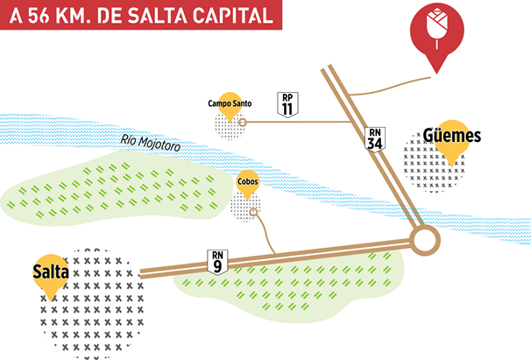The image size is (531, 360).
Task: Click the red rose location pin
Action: (436, 35)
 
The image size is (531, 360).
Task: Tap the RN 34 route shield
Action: (375, 138)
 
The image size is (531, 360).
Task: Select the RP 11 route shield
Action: (287, 104)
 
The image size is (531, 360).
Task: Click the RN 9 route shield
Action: (218, 261)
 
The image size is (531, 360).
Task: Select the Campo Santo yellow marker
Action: (230, 104)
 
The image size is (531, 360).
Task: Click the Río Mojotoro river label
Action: (152, 145)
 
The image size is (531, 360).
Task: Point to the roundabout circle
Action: (426, 240)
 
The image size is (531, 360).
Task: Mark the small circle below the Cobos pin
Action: (254, 211)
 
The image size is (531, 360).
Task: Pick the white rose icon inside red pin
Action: (436, 27)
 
